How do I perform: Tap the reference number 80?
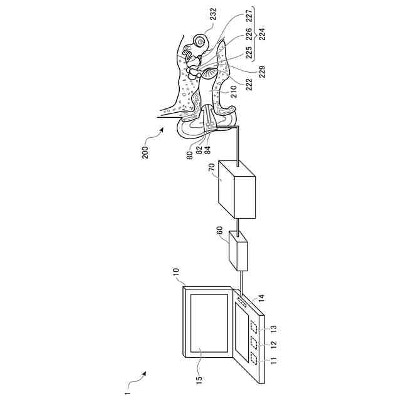pos(189,154)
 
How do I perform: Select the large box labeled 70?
pos(236,190)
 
